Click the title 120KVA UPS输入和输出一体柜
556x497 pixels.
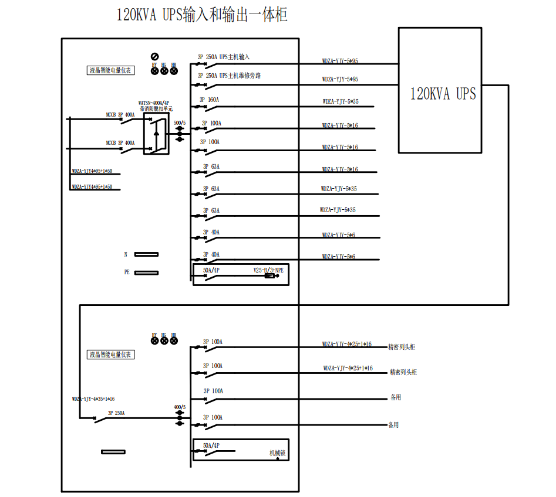tap(202, 14)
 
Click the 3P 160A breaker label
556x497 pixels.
tap(209, 100)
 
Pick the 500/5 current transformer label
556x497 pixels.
tap(180, 123)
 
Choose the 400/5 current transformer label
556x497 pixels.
tap(180, 407)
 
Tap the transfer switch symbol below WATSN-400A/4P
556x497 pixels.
tap(156, 134)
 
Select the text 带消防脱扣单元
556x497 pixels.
tap(156, 108)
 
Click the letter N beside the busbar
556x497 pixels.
tap(125, 254)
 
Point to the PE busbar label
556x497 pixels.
tap(126, 273)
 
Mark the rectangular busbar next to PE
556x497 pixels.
tap(146, 273)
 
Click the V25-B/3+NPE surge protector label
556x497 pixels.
tap(268, 270)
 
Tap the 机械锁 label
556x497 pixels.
tap(277, 453)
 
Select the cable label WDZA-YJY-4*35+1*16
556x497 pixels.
tap(93, 399)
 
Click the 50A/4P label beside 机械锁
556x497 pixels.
tap(211, 445)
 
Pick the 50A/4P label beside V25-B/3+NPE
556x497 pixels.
tap(211, 270)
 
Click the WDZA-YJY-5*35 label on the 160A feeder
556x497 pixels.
tap(340, 101)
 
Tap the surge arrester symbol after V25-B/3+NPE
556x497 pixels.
tap(271, 275)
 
